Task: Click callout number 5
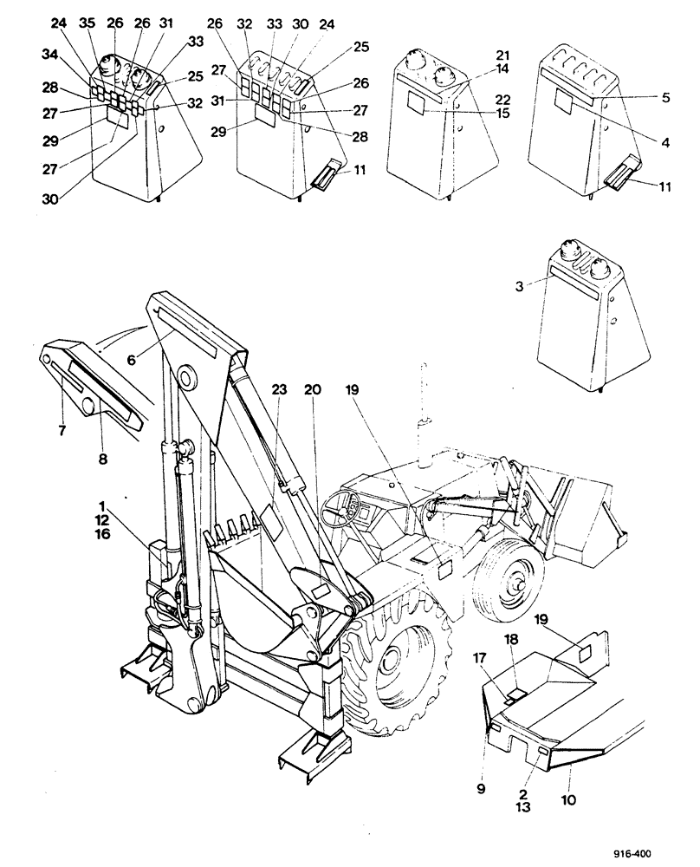coord(664,98)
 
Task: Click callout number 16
coord(103,536)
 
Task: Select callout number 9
coord(483,788)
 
